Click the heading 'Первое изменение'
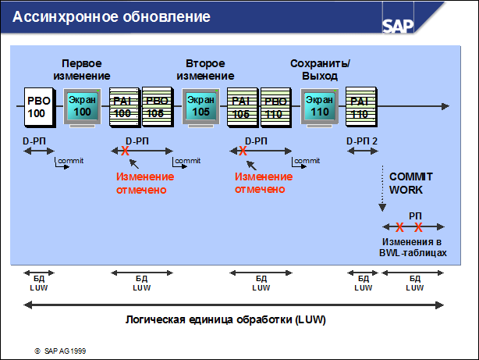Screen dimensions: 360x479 tap(80, 69)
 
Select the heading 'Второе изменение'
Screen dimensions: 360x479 tap(205, 69)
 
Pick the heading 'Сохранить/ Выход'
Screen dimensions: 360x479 tap(321, 69)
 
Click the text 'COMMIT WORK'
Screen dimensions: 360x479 tap(411, 184)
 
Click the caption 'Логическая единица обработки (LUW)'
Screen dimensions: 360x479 tap(226, 320)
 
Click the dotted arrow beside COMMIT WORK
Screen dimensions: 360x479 tap(382, 187)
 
